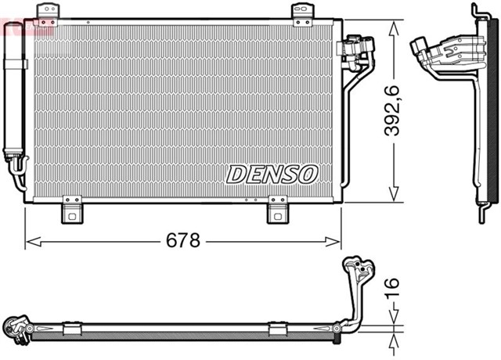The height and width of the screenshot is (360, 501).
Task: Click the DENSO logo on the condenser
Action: (272, 173)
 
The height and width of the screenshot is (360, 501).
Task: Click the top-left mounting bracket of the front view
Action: (49, 10)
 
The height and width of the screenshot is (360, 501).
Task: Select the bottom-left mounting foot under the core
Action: (73, 210)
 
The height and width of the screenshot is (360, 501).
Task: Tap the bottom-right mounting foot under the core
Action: (278, 210)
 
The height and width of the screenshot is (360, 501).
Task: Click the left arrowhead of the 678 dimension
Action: (30, 240)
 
